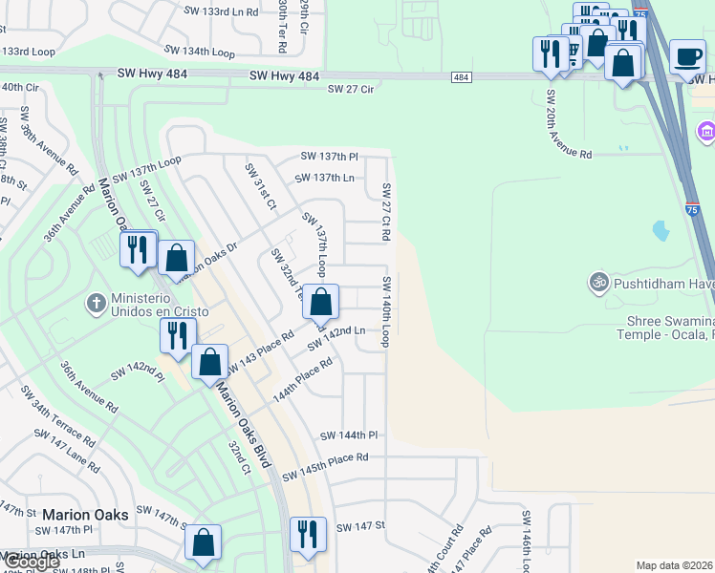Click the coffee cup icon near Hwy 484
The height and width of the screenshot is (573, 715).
point(687,56)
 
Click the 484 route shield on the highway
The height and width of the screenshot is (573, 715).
point(462,76)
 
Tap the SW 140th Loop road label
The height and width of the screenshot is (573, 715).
point(387,311)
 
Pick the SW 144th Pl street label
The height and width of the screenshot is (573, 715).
point(349,435)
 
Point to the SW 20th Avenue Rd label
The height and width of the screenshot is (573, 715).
point(568,125)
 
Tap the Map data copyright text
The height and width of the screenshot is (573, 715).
point(675,565)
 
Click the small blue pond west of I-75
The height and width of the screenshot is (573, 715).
point(660,230)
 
